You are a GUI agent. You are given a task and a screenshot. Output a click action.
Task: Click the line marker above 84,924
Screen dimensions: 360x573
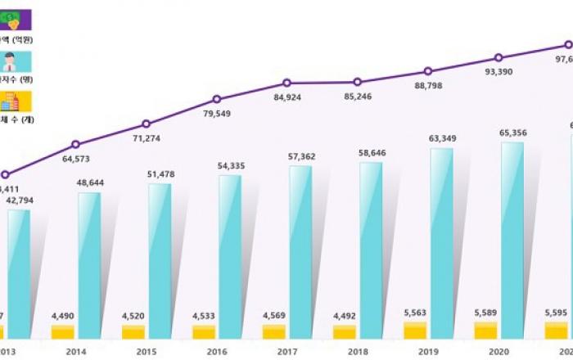tap(286, 83)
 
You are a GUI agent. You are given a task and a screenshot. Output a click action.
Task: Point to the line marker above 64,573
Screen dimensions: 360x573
tap(75, 144)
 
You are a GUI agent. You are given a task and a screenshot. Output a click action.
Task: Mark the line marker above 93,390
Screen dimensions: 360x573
tap(499, 58)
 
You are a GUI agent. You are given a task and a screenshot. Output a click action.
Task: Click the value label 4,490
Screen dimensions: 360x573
tap(63, 316)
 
